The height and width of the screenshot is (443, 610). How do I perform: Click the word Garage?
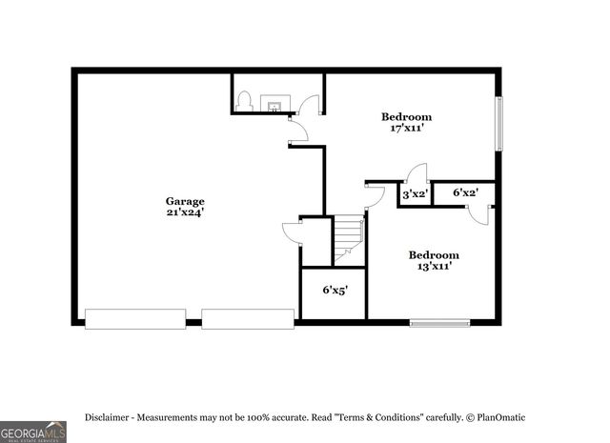pos(185,201)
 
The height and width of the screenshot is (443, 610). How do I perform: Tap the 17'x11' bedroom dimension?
pos(407,129)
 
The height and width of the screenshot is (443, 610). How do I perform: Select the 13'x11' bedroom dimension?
pos(434,267)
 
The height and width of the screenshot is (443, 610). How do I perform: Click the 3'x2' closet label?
pos(415,194)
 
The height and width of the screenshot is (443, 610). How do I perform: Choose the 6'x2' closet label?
pos(465,193)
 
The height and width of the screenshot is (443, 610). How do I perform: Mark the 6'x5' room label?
pos(335,290)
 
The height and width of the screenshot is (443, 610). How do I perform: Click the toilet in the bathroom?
pos(244,101)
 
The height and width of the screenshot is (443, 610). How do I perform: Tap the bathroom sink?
pos(274,104)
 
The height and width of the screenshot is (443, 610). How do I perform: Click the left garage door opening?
pos(135,319)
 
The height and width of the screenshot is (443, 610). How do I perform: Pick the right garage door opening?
pos(248,319)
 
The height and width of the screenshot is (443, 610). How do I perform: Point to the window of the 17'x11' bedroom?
pos(498,123)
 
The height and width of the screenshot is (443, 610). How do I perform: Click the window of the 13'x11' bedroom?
pos(439,323)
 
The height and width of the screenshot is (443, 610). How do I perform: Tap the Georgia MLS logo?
pos(33,432)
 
